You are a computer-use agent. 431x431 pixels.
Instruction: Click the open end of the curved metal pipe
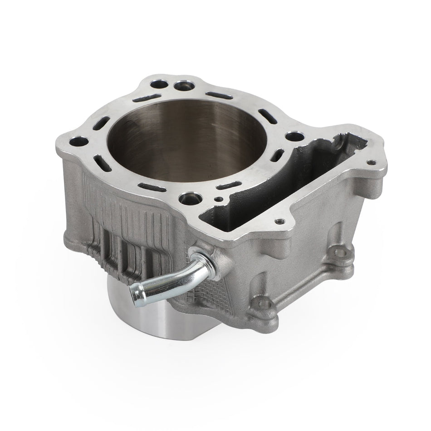pos(135,289)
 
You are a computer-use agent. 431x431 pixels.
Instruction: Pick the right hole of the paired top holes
pos(183,85)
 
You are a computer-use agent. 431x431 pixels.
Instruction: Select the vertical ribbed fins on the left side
pos(122,227)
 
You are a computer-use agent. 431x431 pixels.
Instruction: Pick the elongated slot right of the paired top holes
pos(219,96)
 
